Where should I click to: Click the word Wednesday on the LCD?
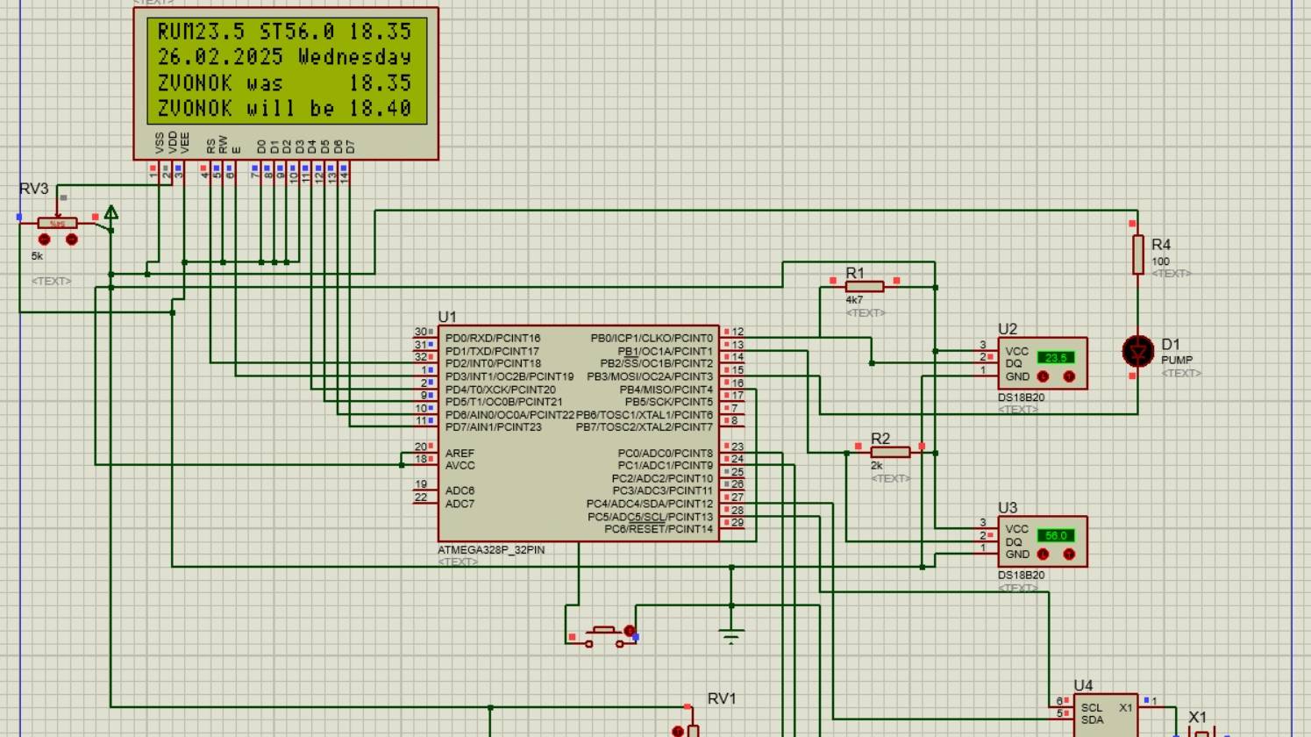(354, 57)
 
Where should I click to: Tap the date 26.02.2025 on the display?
(220, 57)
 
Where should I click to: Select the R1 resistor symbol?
(865, 287)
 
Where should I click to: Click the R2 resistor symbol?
(890, 453)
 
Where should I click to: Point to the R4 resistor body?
(1137, 254)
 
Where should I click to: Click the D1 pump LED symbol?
(1138, 352)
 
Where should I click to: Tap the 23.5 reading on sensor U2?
(1055, 358)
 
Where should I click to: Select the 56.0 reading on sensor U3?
(1055, 535)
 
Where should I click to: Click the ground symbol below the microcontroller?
(731, 634)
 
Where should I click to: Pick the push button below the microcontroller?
(603, 633)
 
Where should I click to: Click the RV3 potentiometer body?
(57, 224)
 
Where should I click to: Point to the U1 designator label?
(447, 317)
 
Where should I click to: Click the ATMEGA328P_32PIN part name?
(491, 550)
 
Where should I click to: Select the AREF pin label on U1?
(460, 453)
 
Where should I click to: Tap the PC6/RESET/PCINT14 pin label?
(659, 529)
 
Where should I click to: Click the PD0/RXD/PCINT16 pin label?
(493, 338)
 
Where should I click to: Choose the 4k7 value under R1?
(854, 300)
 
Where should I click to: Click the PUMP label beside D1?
(1177, 360)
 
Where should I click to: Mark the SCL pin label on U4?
(1092, 707)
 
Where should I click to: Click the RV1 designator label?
(722, 698)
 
